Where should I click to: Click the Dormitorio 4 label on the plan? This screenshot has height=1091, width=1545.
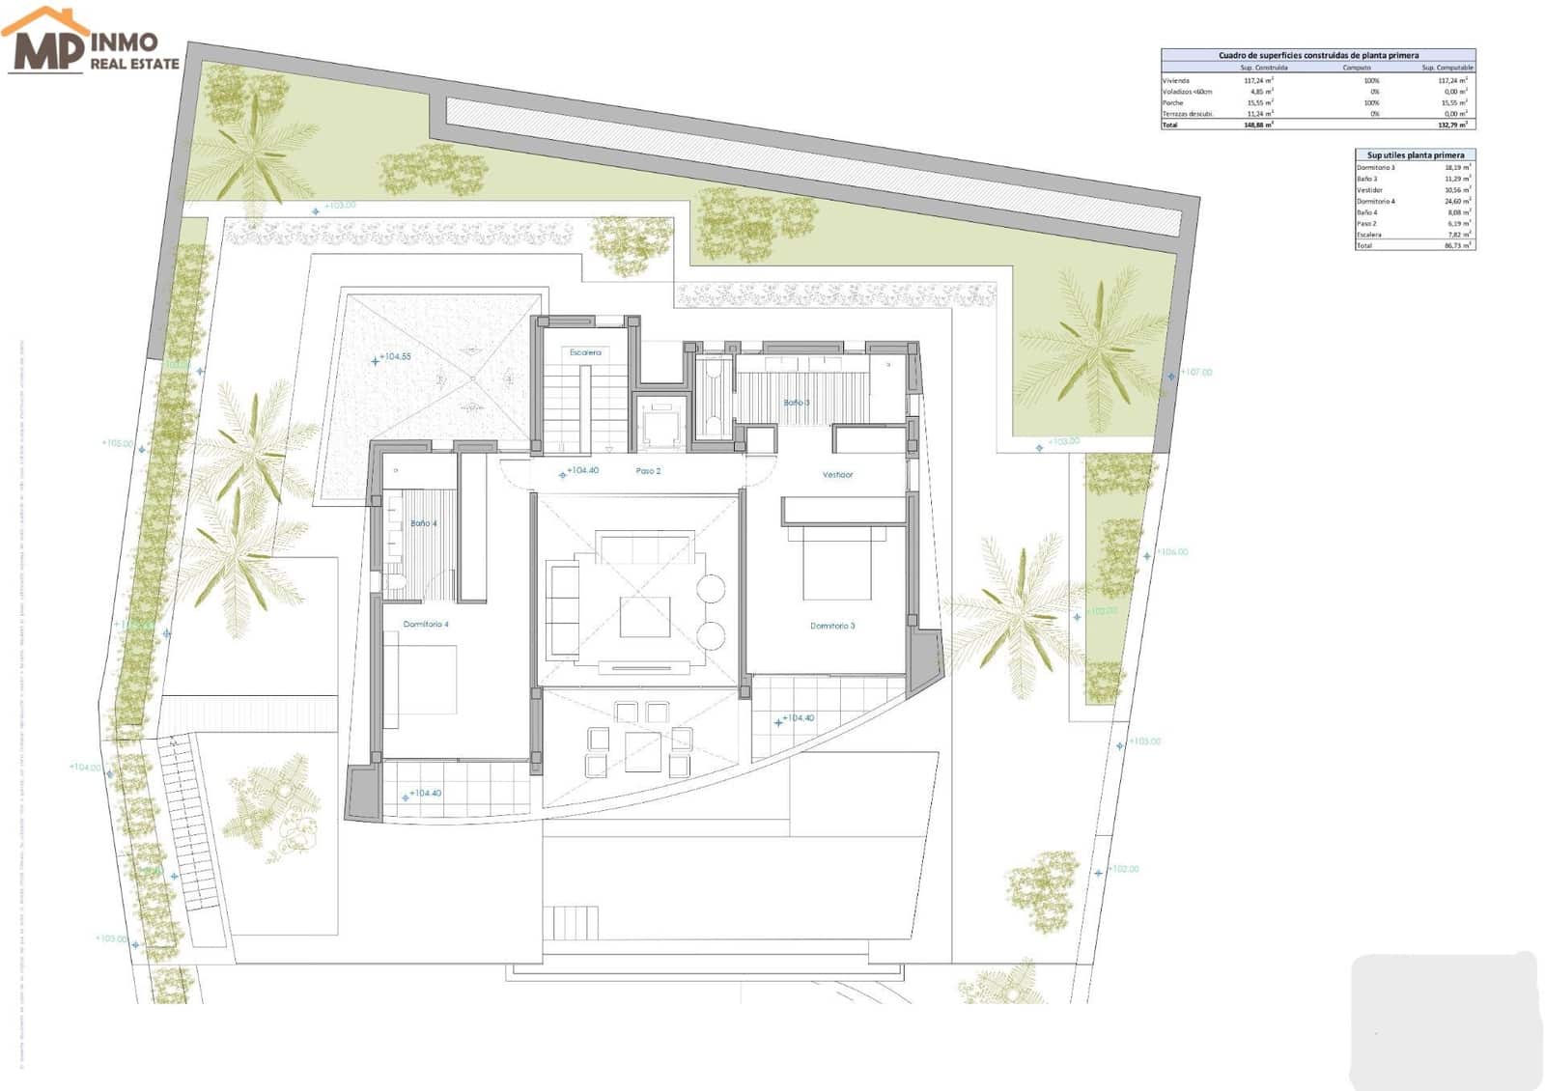click(426, 625)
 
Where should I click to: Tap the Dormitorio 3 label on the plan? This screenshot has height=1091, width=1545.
click(832, 626)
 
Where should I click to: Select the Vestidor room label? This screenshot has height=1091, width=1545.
click(837, 475)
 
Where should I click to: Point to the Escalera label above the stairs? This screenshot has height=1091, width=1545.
click(585, 352)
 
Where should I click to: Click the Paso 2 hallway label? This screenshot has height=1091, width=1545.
click(648, 471)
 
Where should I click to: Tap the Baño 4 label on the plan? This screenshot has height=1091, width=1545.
click(423, 523)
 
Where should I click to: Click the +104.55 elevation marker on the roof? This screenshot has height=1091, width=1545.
click(395, 356)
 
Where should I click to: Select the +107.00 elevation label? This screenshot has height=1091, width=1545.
click(1195, 372)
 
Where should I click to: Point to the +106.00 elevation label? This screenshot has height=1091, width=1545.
click(1172, 552)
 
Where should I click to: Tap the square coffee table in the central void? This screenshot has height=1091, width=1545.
click(645, 616)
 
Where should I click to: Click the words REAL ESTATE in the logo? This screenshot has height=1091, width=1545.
click(135, 64)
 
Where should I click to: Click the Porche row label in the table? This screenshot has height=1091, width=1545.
click(1173, 102)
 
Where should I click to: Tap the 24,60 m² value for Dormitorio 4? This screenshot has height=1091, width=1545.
click(1457, 201)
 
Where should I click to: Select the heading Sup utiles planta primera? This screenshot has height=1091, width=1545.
click(1415, 154)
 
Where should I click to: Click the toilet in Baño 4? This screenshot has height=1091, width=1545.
click(395, 581)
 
